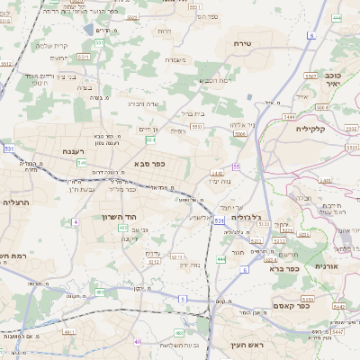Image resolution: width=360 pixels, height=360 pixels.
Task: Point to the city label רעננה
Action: (x=73, y=151)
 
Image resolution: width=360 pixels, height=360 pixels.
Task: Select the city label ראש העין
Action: (x=235, y=345)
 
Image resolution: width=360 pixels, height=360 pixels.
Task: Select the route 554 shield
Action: (x=150, y=139)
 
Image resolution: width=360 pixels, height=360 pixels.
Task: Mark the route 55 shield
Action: (x=235, y=166)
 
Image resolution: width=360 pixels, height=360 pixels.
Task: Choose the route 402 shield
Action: (x=123, y=228)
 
